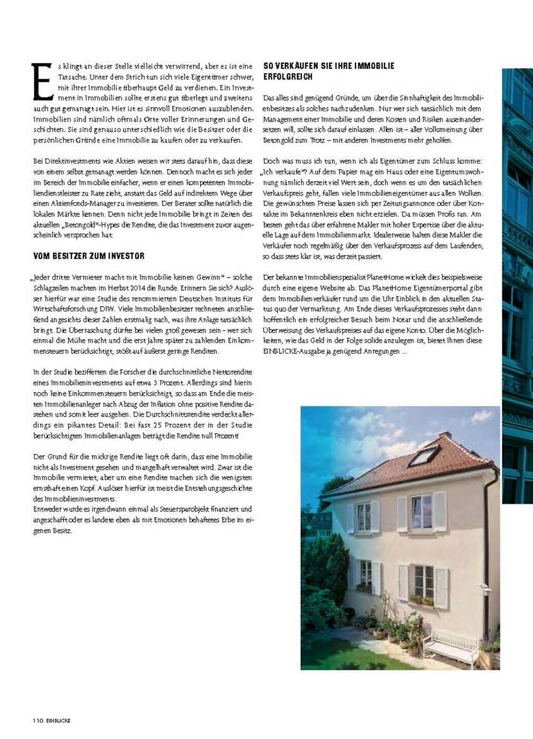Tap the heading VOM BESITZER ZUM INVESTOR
(89, 256)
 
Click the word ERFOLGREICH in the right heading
(288, 76)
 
